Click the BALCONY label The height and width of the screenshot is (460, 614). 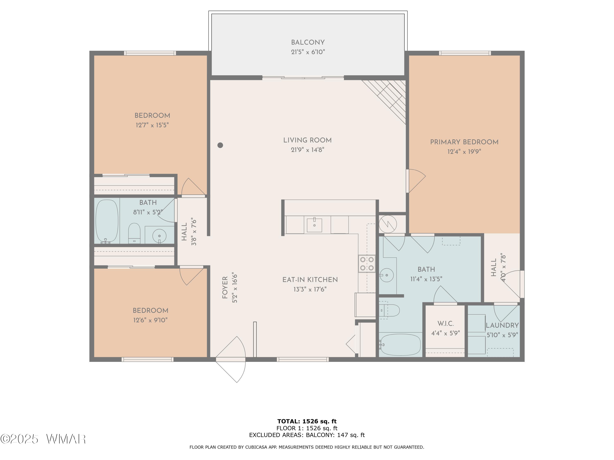[x=308, y=43]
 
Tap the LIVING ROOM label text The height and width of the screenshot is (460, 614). [x=307, y=140]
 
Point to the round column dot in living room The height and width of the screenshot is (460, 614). [x=220, y=145]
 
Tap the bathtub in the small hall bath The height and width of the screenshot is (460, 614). [x=107, y=222]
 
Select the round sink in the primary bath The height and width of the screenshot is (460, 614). [x=386, y=275]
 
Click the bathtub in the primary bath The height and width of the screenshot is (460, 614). [x=400, y=345]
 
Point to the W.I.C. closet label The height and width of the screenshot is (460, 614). [x=446, y=324]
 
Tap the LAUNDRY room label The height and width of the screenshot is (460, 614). [x=502, y=325]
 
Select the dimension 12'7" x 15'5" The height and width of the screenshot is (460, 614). [x=152, y=125]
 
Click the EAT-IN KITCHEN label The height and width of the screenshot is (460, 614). [x=310, y=280]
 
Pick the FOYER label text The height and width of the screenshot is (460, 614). [x=225, y=287]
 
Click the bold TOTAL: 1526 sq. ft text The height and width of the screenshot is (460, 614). [x=307, y=421]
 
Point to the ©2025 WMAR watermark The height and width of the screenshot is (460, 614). [x=43, y=439]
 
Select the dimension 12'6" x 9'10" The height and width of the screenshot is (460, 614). [x=150, y=320]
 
